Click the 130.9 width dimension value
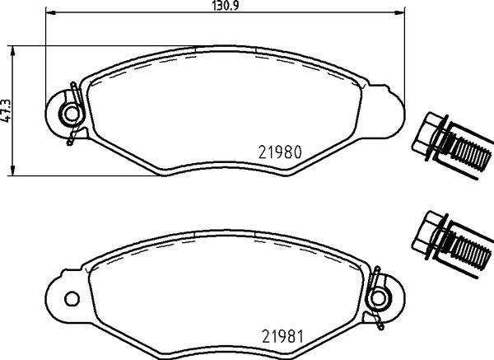[x=224, y=5]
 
